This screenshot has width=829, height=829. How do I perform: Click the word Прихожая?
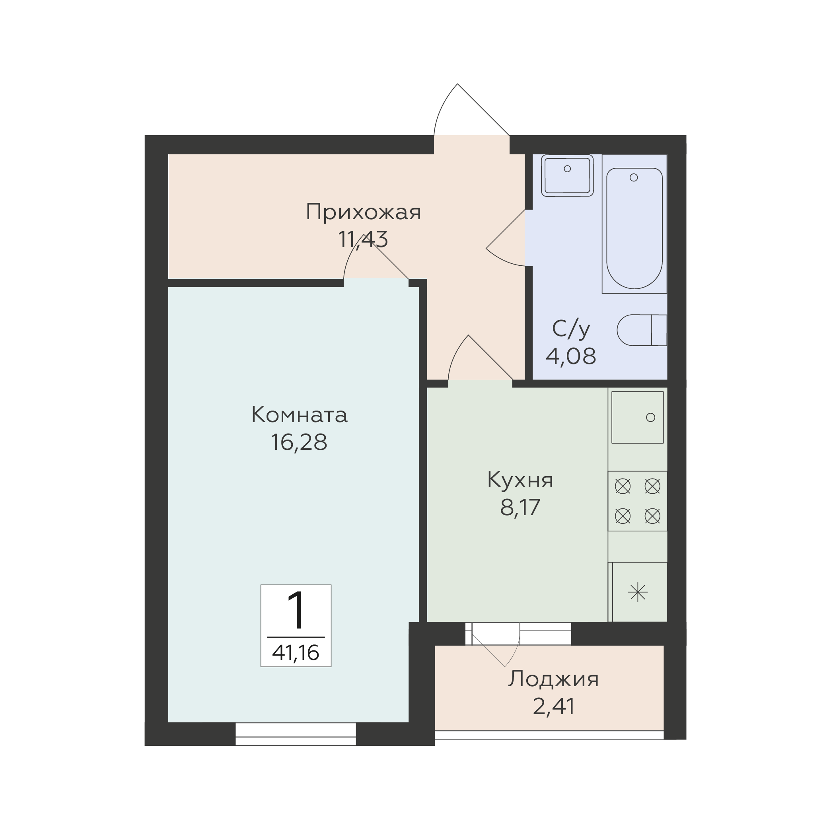(363, 212)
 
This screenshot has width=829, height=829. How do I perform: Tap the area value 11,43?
(363, 239)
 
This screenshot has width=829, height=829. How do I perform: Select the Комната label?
(299, 415)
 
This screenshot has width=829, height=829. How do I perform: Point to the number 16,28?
(299, 442)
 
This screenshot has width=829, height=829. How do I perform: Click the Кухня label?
(520, 480)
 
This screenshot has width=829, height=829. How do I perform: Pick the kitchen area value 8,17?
(520, 507)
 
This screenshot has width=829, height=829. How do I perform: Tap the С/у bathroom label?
(571, 329)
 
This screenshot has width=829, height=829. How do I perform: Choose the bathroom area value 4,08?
(571, 356)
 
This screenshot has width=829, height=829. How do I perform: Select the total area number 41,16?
(296, 653)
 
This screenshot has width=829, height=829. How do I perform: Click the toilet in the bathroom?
(642, 331)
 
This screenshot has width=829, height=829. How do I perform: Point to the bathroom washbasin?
(567, 175)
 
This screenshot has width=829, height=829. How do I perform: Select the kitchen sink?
(638, 417)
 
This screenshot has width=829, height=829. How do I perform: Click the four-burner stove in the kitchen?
(638, 501)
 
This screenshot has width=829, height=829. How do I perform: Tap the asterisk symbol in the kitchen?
(638, 593)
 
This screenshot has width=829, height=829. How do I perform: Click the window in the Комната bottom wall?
(296, 734)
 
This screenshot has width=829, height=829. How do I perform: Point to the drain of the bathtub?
(634, 177)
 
